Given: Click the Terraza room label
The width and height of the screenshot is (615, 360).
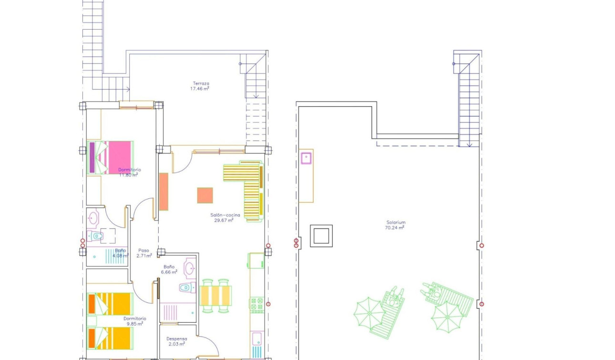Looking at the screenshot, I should [x=201, y=83].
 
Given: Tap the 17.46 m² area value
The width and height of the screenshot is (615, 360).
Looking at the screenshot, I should [x=200, y=89].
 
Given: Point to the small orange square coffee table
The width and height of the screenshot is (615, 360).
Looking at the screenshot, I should [x=205, y=195].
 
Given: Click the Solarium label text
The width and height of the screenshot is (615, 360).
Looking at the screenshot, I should [x=396, y=222].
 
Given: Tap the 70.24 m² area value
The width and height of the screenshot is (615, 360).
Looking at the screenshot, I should [x=395, y=228].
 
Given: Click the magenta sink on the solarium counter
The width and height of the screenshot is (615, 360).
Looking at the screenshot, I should [x=306, y=157].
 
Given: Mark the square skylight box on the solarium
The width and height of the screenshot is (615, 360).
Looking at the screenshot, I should [x=321, y=236].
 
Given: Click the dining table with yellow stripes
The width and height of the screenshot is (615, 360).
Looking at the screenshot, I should [x=215, y=296].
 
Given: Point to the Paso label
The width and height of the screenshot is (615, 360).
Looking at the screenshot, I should [x=143, y=250].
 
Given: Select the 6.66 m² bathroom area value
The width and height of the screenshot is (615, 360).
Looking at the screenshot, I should [x=170, y=272].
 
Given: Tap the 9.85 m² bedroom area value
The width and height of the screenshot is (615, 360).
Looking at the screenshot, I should [x=134, y=324].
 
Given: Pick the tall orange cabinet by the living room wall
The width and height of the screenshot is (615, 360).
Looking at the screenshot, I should [x=164, y=191].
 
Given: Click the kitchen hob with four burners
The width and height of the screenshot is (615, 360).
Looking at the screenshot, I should [x=257, y=305].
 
